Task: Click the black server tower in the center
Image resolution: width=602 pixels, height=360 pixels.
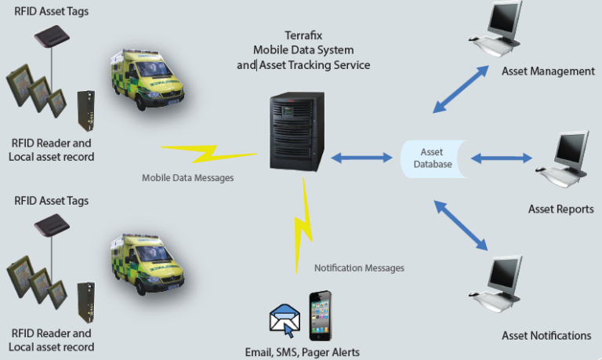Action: (296, 131)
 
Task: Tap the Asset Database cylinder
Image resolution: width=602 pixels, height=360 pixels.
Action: (432, 158)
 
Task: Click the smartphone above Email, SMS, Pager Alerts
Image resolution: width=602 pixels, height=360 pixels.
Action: (320, 315)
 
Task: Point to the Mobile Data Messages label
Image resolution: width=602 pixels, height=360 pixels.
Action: (187, 178)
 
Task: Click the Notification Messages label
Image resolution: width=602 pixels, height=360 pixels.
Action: (359, 268)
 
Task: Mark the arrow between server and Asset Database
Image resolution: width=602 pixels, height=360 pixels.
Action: (361, 158)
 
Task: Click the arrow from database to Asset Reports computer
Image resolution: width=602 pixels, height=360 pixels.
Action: (502, 158)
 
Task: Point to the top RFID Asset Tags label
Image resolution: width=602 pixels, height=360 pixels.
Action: (51, 11)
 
